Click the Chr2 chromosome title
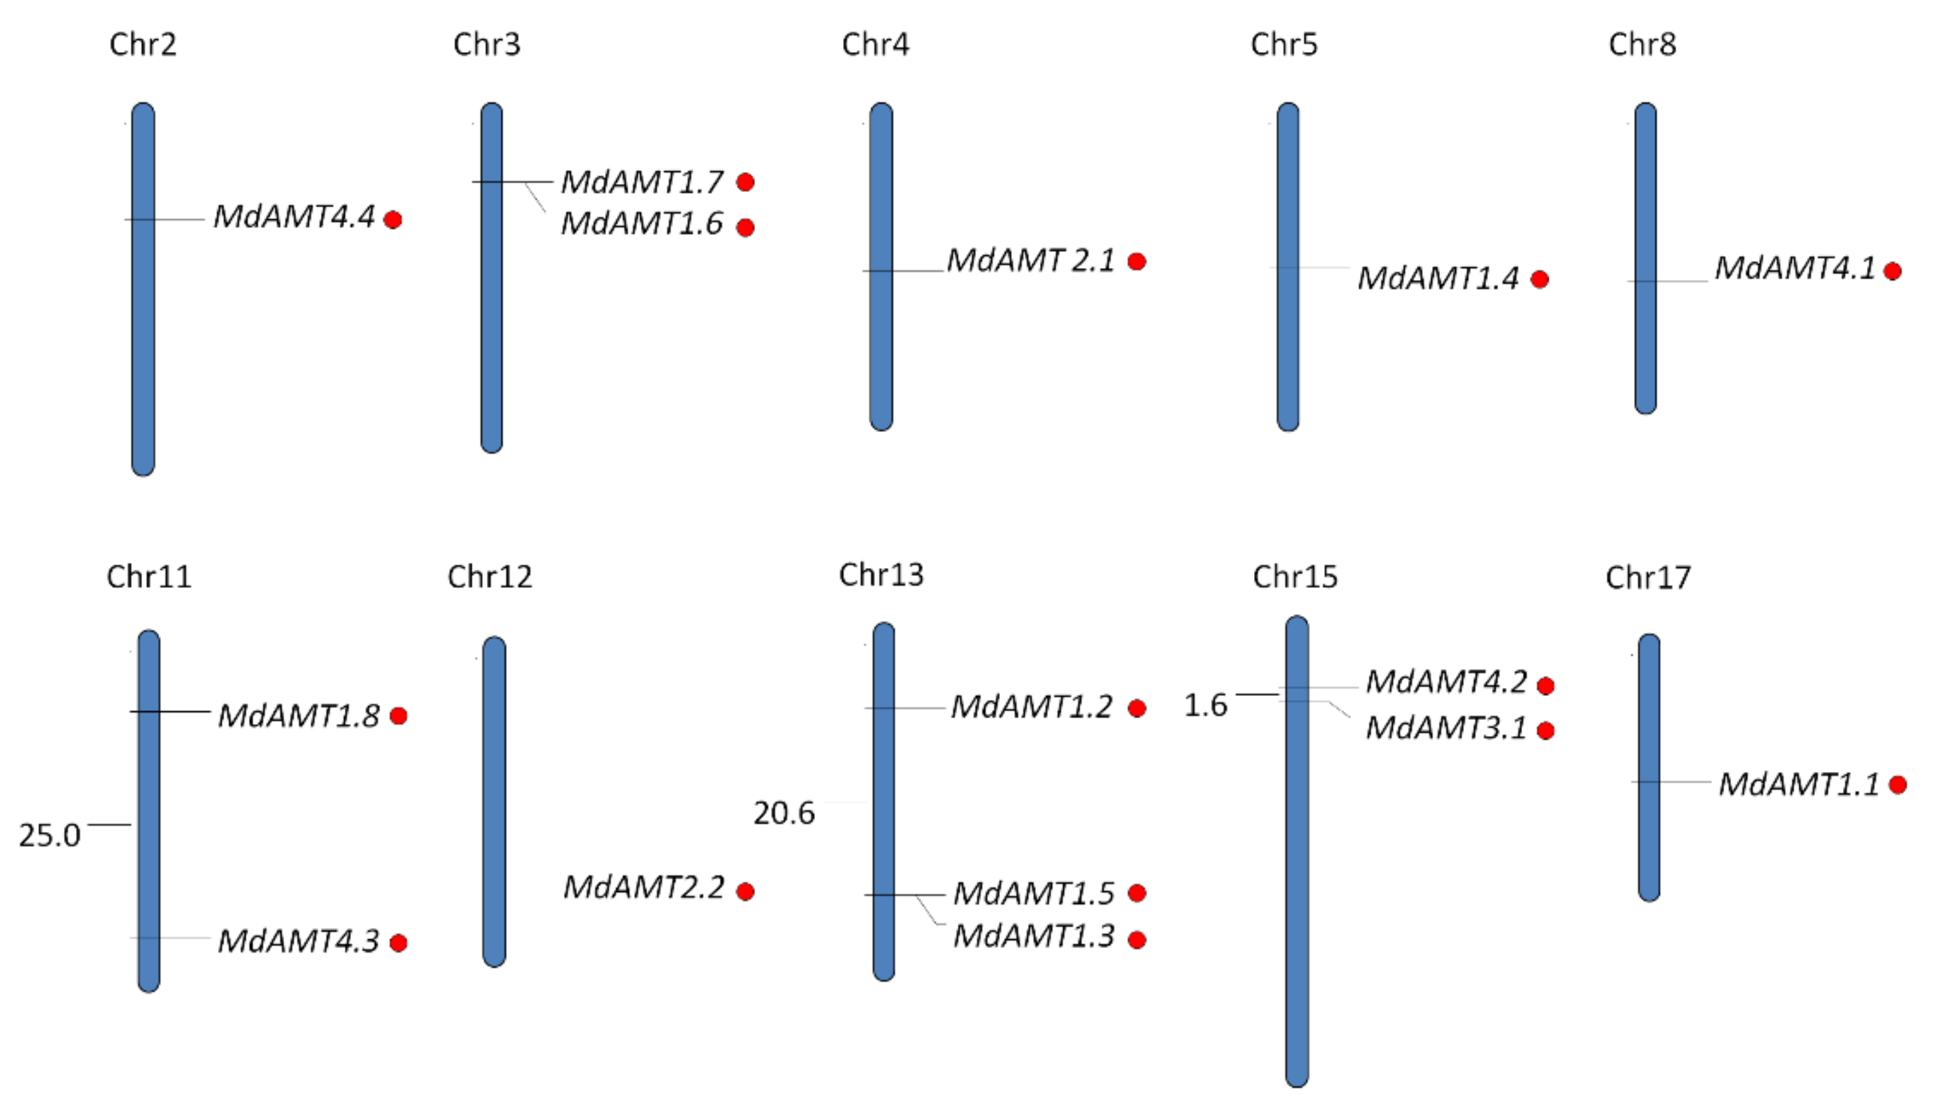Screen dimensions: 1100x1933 point(143,45)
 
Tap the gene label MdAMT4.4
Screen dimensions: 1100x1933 point(294,217)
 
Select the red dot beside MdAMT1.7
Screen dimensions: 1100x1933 point(745,182)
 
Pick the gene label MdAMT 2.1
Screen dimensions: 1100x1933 point(1031,261)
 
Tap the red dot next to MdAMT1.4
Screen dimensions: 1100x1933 point(1539,279)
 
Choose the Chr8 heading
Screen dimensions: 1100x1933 point(1642,45)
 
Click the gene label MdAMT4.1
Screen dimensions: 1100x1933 point(1795,269)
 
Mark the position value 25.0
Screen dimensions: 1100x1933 point(49,835)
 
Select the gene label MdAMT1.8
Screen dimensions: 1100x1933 point(299,716)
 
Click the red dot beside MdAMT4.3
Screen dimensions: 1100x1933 point(398,943)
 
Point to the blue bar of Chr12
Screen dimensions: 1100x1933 point(494,801)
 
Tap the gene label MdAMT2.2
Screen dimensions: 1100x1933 point(644,888)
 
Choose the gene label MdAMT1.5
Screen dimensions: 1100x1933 point(1033,894)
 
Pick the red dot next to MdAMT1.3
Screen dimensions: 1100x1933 point(1137,940)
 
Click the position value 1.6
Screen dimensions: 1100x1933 point(1205,705)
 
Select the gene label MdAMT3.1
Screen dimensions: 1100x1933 point(1446,728)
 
